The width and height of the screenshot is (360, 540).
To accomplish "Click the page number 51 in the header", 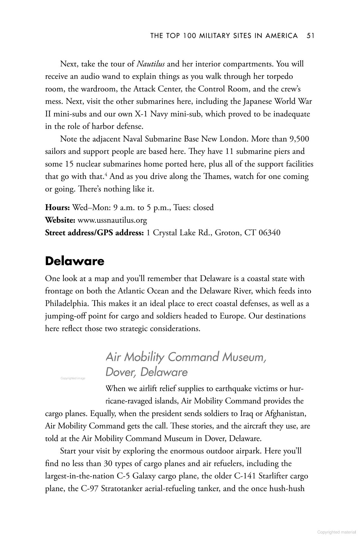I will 310,36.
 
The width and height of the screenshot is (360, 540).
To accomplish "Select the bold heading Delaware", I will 75,261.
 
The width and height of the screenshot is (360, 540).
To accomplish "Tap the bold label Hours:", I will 57,208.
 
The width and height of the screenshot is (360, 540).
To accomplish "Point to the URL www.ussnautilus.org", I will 112,220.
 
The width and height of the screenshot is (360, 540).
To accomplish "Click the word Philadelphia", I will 64,304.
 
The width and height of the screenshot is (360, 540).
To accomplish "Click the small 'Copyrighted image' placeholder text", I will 73,378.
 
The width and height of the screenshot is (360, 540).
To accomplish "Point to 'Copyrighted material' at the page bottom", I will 336,532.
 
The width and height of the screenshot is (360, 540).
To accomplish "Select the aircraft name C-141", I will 245,476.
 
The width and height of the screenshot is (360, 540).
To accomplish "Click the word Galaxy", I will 144,476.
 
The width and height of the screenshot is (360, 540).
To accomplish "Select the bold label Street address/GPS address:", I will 95,233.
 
